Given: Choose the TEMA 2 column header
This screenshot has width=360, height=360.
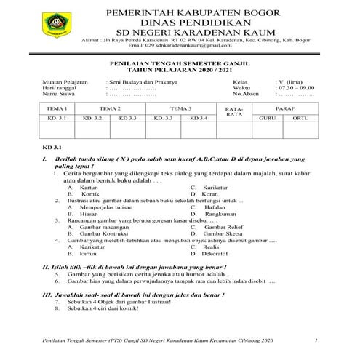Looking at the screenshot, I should (110, 108).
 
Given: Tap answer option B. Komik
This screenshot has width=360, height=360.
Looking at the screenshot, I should (82, 195).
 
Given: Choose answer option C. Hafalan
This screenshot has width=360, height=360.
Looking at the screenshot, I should (208, 208).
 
